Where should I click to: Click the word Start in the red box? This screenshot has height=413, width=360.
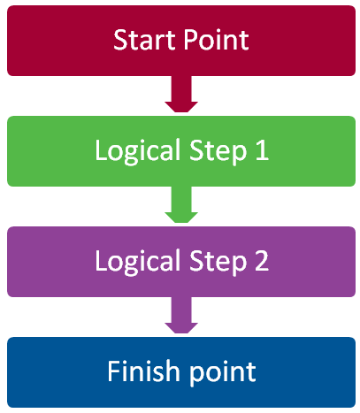click(145, 40)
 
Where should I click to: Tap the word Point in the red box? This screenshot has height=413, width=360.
click(217, 40)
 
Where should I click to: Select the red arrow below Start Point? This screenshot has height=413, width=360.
click(181, 94)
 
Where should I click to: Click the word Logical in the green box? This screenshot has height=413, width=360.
click(137, 151)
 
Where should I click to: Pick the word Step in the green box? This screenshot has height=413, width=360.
click(218, 151)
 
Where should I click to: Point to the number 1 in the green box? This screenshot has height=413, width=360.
click(262, 149)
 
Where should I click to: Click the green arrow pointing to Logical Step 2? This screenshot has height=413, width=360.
click(181, 204)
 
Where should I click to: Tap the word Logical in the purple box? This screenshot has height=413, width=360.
click(137, 262)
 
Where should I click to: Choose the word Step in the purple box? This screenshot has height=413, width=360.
click(218, 262)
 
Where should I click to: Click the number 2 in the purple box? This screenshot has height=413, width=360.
click(262, 260)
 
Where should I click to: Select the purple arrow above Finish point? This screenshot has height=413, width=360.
click(181, 315)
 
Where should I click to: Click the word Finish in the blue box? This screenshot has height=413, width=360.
click(143, 371)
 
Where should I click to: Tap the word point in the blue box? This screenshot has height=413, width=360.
click(222, 373)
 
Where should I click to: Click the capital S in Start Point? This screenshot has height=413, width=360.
click(120, 40)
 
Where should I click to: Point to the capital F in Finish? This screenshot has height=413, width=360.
click(114, 371)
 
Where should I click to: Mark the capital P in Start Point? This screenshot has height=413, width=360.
click(192, 40)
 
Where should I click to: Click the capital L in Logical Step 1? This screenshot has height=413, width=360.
click(101, 149)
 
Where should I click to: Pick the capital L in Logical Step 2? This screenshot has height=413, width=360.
click(101, 260)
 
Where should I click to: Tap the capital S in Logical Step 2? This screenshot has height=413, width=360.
click(196, 260)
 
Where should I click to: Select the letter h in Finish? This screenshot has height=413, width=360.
click(172, 371)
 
